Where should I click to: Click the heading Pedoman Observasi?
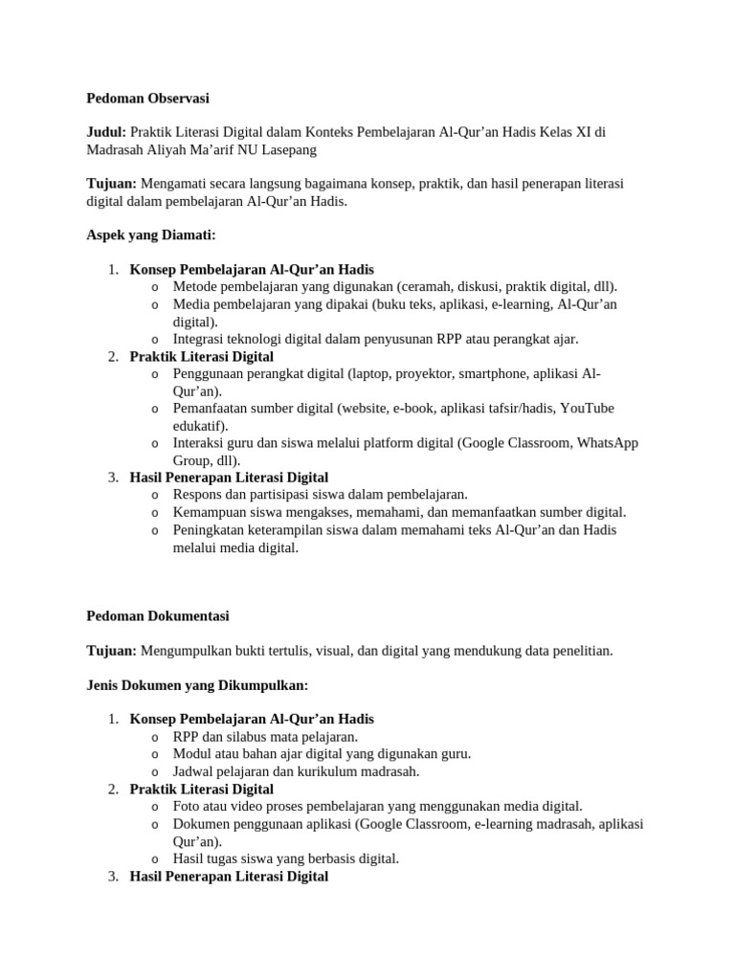[x=147, y=98]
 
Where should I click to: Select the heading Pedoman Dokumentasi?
[x=158, y=615]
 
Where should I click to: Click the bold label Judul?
[x=106, y=132]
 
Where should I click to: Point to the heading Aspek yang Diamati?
[x=151, y=234]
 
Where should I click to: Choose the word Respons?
[x=198, y=494]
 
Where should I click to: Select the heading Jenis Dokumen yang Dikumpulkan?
[x=196, y=684]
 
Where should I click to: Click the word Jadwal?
[x=194, y=770]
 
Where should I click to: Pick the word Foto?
[x=188, y=806]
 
